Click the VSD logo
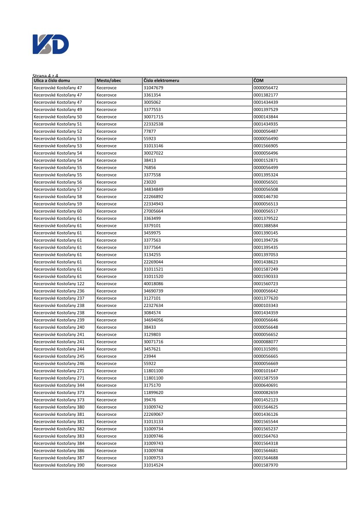tap(51, 44)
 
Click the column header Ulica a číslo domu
tap(52, 81)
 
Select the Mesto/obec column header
tap(109, 81)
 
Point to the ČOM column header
tap(258, 81)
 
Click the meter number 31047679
tap(153, 88)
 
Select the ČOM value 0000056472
tap(265, 88)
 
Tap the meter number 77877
tap(149, 131)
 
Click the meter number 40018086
tap(153, 284)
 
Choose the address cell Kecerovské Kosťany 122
tap(59, 284)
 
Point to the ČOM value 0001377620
tap(265, 298)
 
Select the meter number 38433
tap(149, 327)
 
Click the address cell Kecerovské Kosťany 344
tap(59, 385)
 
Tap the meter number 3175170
tap(152, 385)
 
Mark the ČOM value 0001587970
tap(265, 465)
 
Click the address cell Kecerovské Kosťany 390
tap(59, 465)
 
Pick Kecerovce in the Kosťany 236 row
tap(106, 291)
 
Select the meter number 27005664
tap(153, 211)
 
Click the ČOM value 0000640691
tap(265, 385)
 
